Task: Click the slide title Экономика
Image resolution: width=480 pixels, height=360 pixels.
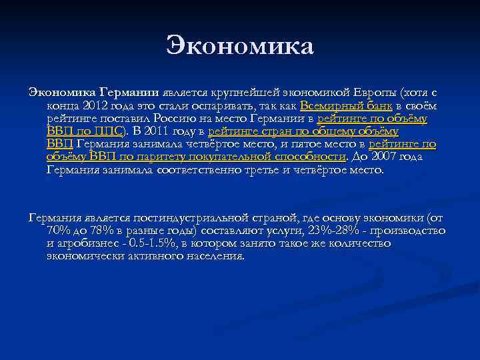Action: pyautogui.click(x=240, y=47)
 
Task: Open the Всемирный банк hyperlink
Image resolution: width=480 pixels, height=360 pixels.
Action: pyautogui.click(x=346, y=105)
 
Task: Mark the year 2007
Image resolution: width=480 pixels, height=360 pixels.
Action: pyautogui.click(x=389, y=157)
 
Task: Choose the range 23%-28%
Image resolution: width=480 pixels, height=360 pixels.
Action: pyautogui.click(x=334, y=231)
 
